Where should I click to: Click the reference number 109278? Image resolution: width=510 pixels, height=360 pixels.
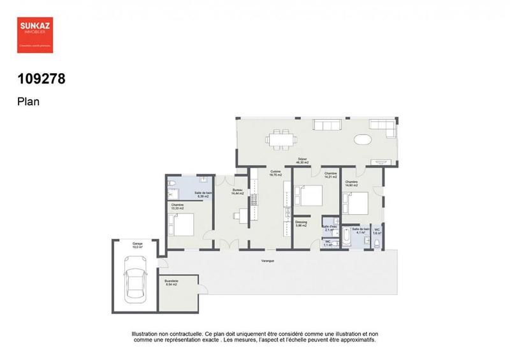click(x=42, y=80)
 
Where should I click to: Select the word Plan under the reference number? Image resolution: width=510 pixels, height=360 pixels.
click(x=28, y=101)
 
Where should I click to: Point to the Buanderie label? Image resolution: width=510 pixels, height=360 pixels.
click(x=171, y=282)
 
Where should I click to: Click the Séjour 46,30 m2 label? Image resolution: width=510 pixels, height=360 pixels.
click(x=302, y=161)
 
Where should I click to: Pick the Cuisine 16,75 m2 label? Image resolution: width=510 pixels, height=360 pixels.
click(x=275, y=173)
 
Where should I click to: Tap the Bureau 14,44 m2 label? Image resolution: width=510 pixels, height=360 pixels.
click(x=237, y=192)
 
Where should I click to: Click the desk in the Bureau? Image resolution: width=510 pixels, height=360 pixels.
click(x=241, y=214)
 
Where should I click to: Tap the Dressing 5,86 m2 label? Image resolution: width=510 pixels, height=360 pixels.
click(x=302, y=224)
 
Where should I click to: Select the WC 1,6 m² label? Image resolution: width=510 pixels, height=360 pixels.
click(x=377, y=231)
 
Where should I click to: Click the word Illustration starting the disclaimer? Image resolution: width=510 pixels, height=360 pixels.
click(x=149, y=334)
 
